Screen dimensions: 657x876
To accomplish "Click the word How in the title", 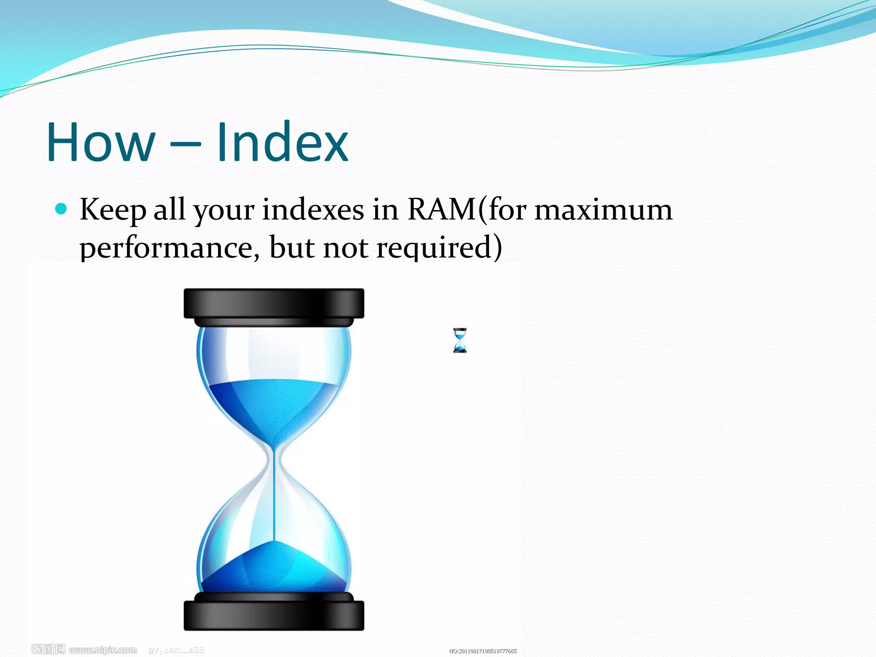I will coord(101,142).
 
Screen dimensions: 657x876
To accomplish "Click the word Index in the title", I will coord(282,142).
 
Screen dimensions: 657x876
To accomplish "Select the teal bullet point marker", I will coord(62,209).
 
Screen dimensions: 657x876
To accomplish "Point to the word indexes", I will coord(313,210).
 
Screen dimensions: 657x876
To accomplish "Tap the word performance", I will coord(169,248).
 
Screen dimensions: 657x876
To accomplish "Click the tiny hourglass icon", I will coord(460,340).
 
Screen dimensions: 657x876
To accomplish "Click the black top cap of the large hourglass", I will coord(274,303).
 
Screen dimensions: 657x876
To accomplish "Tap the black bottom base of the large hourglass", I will coord(274,615).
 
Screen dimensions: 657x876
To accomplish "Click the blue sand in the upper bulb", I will coord(274,406).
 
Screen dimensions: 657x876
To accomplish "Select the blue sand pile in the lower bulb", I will coord(274,569).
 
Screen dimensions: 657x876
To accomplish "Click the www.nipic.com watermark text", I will coord(103,650).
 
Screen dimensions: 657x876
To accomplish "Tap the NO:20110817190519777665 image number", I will coord(483,651).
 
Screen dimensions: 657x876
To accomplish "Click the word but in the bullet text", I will coord(291,248).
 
